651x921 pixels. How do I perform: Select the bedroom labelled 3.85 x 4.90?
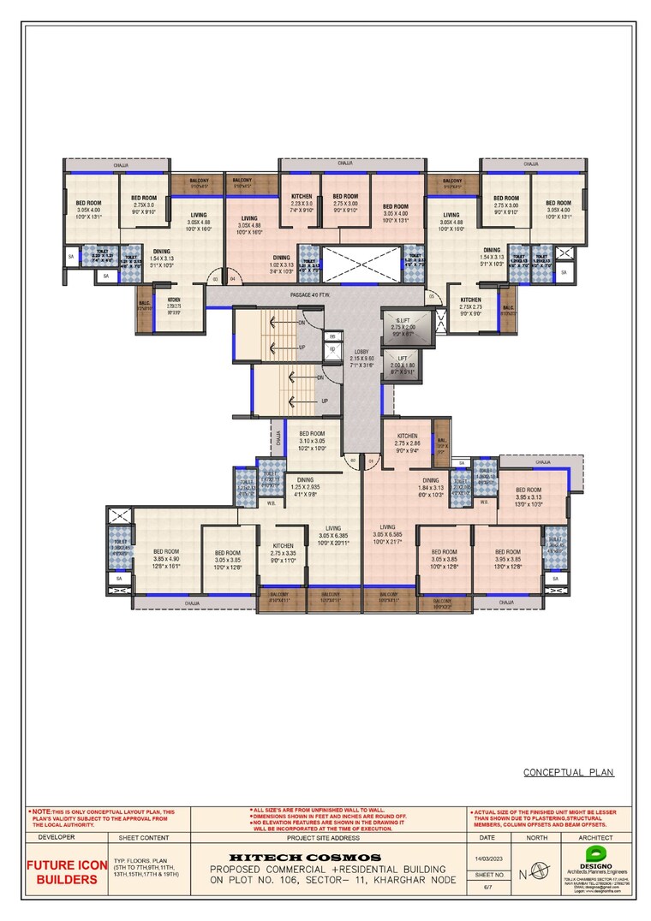pyautogui.click(x=165, y=557)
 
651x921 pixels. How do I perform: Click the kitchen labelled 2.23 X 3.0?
pyautogui.click(x=302, y=203)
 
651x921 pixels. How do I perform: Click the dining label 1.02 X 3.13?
pyautogui.click(x=281, y=264)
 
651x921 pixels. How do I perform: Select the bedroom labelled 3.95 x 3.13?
pyautogui.click(x=529, y=496)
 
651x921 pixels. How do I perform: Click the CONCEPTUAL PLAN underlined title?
pyautogui.click(x=569, y=772)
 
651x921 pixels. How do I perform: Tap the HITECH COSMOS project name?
pyautogui.click(x=305, y=857)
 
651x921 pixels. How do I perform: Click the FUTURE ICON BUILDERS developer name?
pyautogui.click(x=65, y=871)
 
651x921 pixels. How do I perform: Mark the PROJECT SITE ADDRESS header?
pyautogui.click(x=328, y=837)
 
